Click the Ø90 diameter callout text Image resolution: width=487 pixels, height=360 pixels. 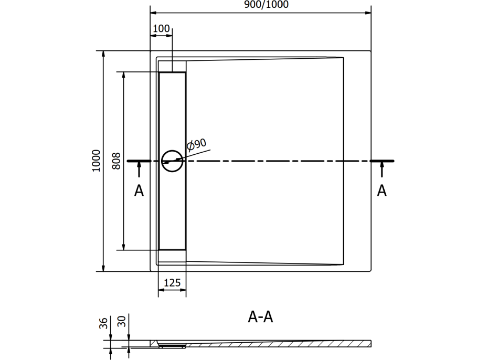coord(196,144)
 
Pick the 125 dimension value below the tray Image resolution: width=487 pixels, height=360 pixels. coord(172,283)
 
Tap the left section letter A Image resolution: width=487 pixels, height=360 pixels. coord(139,190)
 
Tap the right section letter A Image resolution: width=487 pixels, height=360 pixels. coord(382,190)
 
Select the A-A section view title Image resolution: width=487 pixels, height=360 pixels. coord(260,317)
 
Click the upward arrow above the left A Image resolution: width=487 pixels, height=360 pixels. coord(139,169)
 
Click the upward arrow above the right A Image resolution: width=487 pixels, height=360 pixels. coord(382,169)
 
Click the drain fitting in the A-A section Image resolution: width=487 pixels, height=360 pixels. coord(172,345)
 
